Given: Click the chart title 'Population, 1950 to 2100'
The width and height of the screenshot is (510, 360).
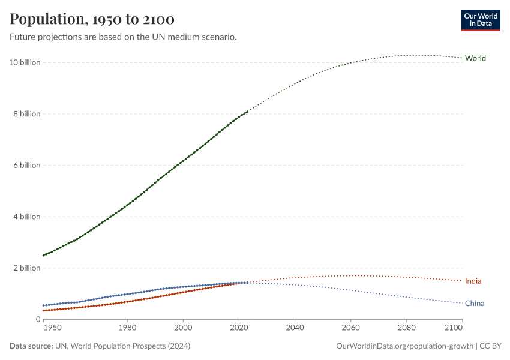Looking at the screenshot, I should tap(92, 19).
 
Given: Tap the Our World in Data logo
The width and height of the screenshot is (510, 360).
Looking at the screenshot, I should tap(480, 20).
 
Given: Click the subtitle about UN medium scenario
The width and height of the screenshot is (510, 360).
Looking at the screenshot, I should tap(123, 37).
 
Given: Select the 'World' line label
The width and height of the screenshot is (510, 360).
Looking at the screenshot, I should tap(475, 58).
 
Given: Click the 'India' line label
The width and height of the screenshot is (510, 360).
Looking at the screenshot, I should tap(473, 281).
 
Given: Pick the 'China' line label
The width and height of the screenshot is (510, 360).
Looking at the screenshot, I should tap(474, 304).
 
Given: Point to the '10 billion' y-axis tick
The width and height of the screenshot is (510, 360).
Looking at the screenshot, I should tap(25, 62).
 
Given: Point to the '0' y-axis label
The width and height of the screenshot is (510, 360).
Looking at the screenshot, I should tap(37, 319).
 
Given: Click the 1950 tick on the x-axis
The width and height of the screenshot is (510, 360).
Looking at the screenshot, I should tap(52, 328).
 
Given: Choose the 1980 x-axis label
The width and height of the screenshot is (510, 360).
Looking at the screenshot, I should tap(127, 328).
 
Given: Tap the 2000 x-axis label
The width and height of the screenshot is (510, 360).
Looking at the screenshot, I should tap(183, 328).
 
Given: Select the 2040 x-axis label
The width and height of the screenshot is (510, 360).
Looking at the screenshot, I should tap(295, 328).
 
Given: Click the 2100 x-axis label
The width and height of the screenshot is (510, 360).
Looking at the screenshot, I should tap(454, 328).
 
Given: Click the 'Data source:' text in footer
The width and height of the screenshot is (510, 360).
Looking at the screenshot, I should tap(31, 346).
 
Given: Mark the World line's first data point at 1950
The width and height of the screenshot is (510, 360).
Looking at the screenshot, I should tap(43, 256).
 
